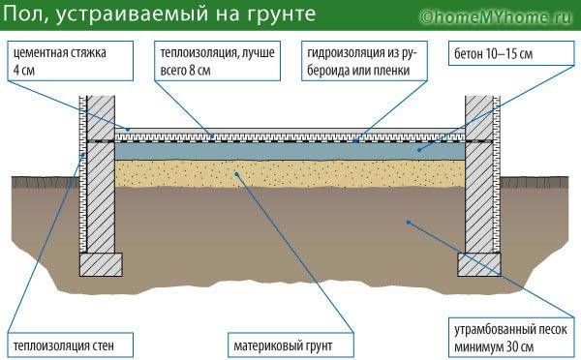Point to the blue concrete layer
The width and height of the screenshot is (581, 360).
point(290,151)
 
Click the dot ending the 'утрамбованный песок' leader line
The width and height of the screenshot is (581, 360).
point(409,222)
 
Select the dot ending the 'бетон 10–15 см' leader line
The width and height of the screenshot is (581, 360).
point(418,150)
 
